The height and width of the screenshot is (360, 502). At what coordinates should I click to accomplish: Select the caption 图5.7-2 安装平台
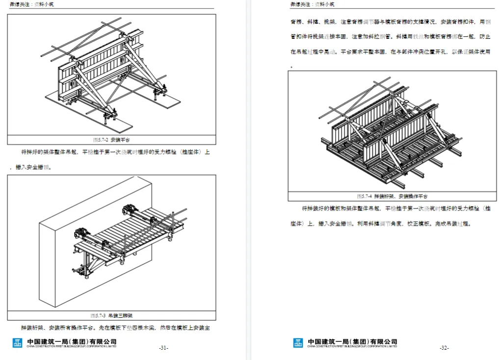click(111, 140)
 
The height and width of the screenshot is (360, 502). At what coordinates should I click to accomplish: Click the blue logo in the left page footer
click(18, 343)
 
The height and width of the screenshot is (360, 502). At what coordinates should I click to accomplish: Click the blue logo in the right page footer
click(298, 343)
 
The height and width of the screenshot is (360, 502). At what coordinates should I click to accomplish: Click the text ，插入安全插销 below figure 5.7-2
click(29, 167)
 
